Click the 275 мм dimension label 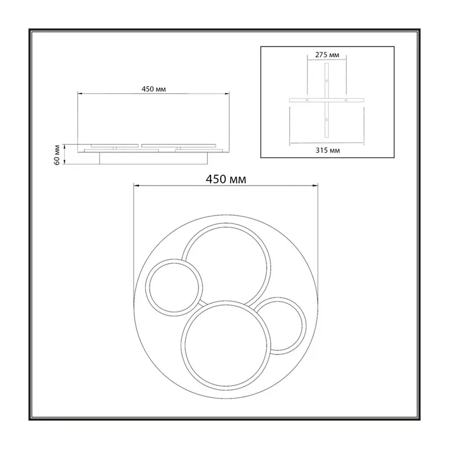pyautogui.click(x=327, y=54)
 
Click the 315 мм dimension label pyautogui.click(x=328, y=150)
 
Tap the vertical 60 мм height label pyautogui.click(x=57, y=155)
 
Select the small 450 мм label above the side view pyautogui.click(x=153, y=89)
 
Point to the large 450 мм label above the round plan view pyautogui.click(x=226, y=179)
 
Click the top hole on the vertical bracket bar pyautogui.click(x=327, y=81)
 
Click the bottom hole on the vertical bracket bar pyautogui.click(x=327, y=120)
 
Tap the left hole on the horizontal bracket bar pyautogui.click(x=307, y=100)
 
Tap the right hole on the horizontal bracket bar pyautogui.click(x=346, y=100)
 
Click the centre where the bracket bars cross pyautogui.click(x=327, y=100)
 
